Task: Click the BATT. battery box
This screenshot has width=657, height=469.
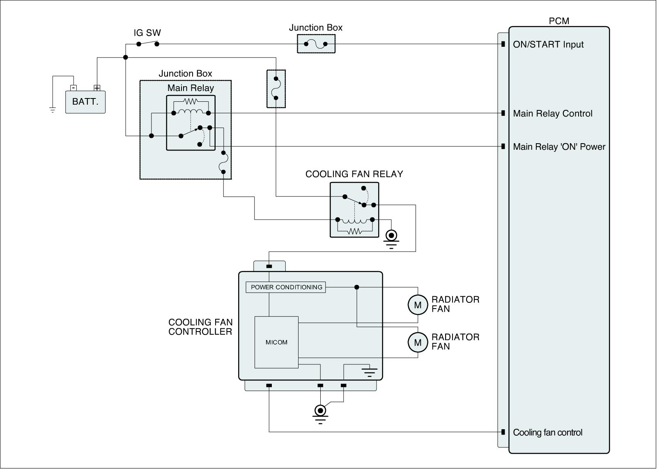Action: click(85, 102)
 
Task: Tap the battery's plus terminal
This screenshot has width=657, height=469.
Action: click(97, 88)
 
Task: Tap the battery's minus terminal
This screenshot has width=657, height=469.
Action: click(74, 88)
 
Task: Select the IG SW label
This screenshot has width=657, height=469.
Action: click(147, 33)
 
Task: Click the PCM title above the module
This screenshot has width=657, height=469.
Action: click(559, 21)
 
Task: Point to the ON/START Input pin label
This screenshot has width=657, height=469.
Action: click(548, 45)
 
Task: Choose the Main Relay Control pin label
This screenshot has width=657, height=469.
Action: click(553, 113)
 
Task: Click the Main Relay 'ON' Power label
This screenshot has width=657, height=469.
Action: click(559, 146)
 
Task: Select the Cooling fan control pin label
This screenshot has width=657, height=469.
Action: click(548, 432)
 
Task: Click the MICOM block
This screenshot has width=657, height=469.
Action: click(276, 342)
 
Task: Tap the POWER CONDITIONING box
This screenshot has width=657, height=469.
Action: click(286, 287)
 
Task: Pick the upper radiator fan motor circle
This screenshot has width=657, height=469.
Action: click(418, 305)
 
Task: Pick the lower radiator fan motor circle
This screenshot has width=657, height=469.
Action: click(418, 342)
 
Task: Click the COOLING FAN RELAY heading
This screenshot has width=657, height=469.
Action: click(354, 174)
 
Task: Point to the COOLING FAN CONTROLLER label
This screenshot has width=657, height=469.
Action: click(200, 327)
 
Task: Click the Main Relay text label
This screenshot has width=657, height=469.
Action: click(191, 88)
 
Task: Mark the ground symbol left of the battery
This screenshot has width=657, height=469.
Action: click(53, 110)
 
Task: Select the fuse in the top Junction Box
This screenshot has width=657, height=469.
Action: click(316, 44)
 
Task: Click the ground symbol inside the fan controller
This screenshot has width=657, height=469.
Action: click(369, 372)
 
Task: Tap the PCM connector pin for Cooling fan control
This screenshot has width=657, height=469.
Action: click(503, 432)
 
